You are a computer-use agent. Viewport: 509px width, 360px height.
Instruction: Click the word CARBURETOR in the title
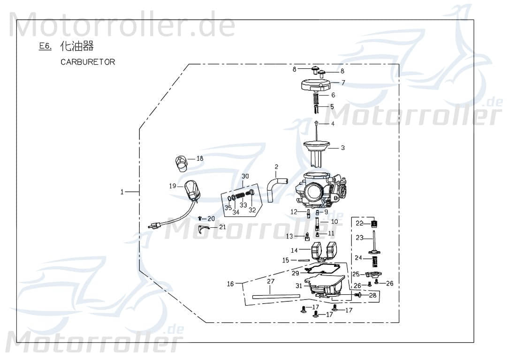[88, 62]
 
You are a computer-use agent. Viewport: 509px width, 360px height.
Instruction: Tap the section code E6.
[45, 46]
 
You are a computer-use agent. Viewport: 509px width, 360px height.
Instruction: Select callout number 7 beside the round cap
[343, 82]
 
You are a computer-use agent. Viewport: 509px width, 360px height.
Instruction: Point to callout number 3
[343, 148]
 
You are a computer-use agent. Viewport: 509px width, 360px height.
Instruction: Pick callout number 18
[200, 159]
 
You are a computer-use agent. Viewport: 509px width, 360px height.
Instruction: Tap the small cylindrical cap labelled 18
[181, 162]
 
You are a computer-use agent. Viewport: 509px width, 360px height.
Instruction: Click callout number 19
[173, 186]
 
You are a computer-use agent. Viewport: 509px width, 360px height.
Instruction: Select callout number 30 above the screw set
[245, 176]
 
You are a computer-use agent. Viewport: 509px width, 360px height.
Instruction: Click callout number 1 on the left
[122, 192]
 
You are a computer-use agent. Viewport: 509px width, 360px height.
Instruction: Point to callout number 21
[222, 227]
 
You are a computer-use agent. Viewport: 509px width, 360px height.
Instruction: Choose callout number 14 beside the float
[294, 250]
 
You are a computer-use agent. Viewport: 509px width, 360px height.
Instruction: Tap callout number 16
[230, 284]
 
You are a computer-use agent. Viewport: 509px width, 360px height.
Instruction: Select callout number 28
[373, 295]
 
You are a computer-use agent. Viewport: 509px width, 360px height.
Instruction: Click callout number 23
[359, 238]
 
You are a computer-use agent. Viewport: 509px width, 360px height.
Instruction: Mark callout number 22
[359, 223]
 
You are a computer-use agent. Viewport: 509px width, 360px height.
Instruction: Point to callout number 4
[333, 124]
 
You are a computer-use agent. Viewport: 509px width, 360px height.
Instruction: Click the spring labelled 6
[316, 100]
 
